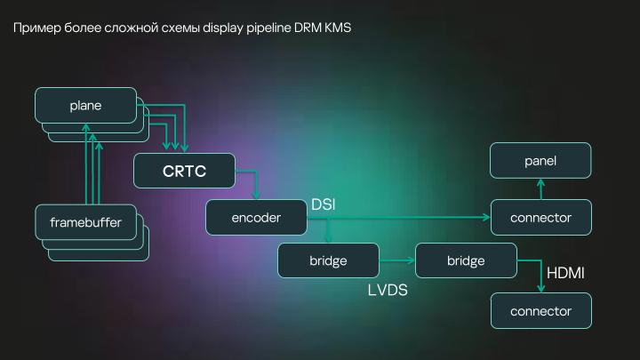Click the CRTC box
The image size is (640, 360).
[x=184, y=171]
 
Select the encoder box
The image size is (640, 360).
[x=256, y=217]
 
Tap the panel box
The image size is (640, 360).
[x=540, y=160]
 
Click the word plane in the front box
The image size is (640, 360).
[x=85, y=106]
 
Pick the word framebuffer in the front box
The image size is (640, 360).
[x=86, y=221]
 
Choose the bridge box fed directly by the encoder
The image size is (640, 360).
[x=328, y=260]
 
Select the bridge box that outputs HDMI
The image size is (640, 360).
[x=466, y=260]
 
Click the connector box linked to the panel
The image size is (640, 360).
[x=540, y=217]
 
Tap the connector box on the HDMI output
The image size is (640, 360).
[x=540, y=311]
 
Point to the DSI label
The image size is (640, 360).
[x=323, y=205]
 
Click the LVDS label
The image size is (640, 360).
[x=388, y=290]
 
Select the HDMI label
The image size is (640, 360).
[x=564, y=273]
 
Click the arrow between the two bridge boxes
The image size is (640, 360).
[x=397, y=260]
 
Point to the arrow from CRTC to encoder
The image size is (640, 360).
[x=256, y=185]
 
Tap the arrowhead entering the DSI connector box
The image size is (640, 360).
[x=486, y=217]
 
